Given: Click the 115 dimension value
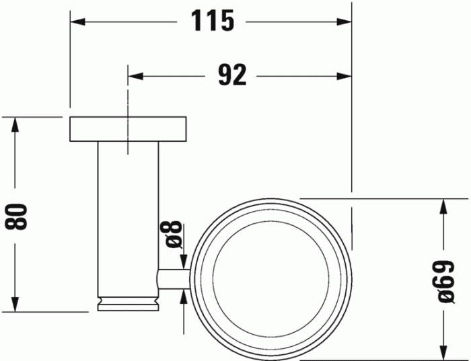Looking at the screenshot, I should [213, 22].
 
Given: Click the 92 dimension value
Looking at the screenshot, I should [232, 76].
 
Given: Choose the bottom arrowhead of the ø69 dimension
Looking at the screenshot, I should [442, 352].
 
